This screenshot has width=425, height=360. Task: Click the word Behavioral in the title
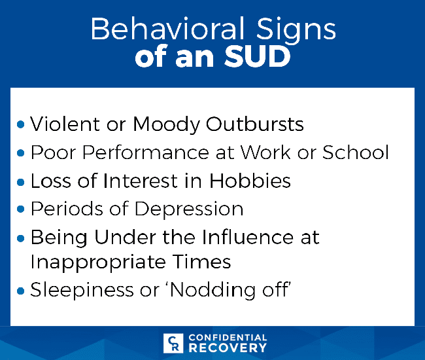point(167,29)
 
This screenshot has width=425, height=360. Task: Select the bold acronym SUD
point(257,57)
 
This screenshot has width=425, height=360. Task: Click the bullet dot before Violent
point(21,124)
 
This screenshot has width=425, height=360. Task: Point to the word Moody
point(166,125)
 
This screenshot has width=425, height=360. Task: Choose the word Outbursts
point(255,124)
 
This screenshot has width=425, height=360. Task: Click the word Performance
point(146,153)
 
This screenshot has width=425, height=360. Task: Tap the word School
point(355,153)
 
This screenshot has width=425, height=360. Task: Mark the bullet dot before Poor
point(21,153)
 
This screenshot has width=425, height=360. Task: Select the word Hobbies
point(250,181)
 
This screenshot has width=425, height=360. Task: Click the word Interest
point(140,181)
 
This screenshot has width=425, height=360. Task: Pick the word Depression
point(189,209)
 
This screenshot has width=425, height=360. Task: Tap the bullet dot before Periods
point(21,209)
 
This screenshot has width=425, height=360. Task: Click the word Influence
point(247,237)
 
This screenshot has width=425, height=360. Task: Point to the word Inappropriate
point(98,262)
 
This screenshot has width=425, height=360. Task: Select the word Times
point(201,262)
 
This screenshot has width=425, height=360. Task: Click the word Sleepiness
point(82,291)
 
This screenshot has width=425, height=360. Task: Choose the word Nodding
point(212,291)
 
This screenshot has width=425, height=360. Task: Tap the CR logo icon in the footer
point(173,343)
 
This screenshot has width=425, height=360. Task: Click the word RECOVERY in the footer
point(228,348)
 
